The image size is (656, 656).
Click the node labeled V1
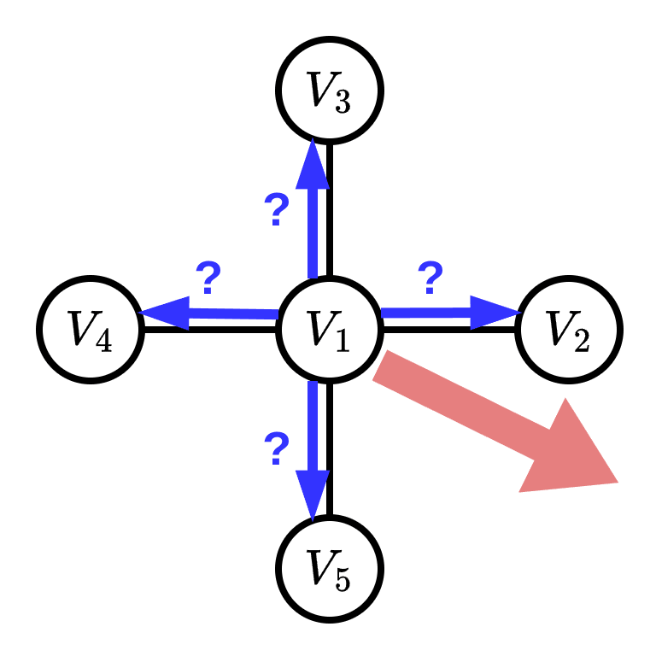pos(329,329)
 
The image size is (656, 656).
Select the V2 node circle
pos(569,329)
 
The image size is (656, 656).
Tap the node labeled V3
pos(329,89)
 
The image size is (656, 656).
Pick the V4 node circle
pos(90,329)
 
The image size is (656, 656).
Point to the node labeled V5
pos(329,568)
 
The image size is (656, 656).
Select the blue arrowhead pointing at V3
pos(313,164)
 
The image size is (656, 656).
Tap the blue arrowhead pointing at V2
pos(495,313)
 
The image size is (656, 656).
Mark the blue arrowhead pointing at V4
pos(165,313)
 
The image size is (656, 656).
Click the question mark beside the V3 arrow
pos(276,209)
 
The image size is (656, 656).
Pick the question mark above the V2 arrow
pos(430,277)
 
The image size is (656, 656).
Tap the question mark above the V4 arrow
pos(208,277)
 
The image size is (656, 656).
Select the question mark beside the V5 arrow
pos(276,448)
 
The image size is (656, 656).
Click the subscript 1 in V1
pos(342,342)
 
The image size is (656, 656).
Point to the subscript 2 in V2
pos(581,342)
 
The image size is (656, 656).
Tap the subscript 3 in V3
pos(342,102)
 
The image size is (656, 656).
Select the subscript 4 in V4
pos(102,342)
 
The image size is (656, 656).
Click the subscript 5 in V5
pos(342,581)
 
